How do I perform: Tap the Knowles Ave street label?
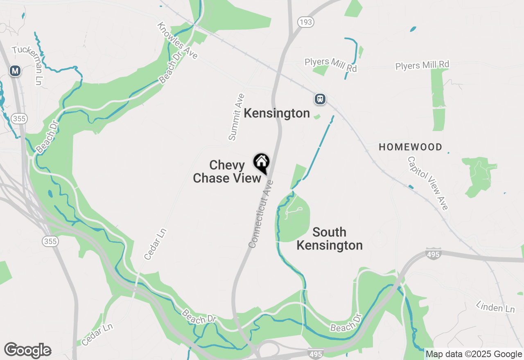tap(177, 40)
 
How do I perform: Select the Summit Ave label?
tap(237, 117)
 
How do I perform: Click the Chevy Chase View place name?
tap(227, 171)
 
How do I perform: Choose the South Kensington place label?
tap(330, 239)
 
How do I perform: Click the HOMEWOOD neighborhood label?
tap(410, 147)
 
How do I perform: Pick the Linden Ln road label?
tap(495, 306)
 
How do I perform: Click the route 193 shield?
tap(305, 22)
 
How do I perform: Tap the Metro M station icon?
tap(15, 71)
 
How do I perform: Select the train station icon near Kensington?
tap(320, 99)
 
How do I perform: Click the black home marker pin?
tap(261, 163)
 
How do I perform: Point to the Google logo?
tap(27, 351)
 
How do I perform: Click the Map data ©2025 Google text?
tap(474, 354)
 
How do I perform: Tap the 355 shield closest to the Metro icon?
tap(19, 119)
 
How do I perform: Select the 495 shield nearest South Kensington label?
tap(433, 255)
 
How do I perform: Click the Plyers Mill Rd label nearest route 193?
tap(330, 65)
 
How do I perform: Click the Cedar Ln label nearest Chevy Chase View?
tap(156, 244)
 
